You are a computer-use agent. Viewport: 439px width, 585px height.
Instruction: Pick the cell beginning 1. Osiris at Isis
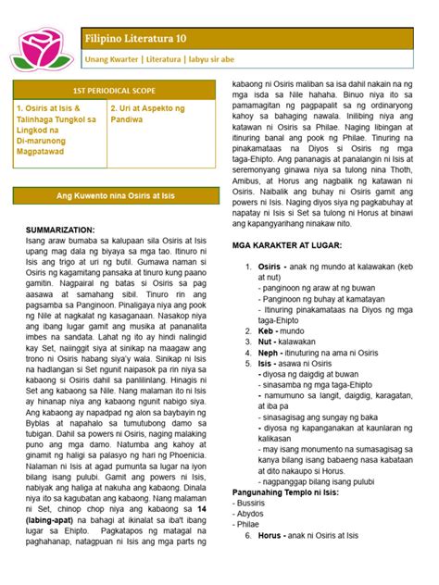(56, 135)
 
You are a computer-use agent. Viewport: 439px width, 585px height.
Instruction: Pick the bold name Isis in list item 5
(267, 365)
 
